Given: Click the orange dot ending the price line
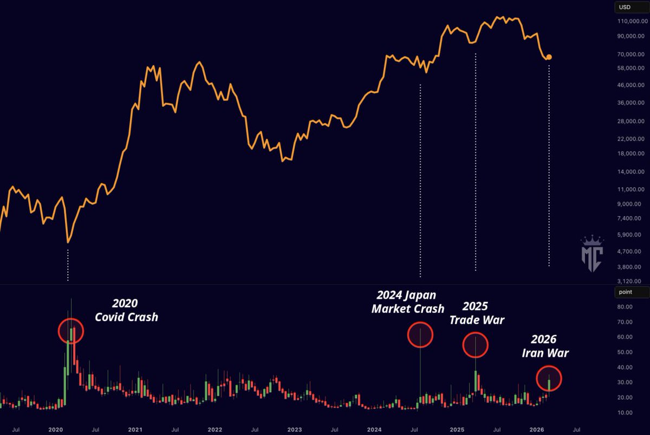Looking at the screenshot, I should pyautogui.click(x=549, y=57).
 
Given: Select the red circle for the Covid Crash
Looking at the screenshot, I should pyautogui.click(x=71, y=330).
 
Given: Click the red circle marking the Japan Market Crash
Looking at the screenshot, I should pyautogui.click(x=420, y=335).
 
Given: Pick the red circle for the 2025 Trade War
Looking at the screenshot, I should pyautogui.click(x=476, y=344).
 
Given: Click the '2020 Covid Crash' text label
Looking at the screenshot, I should pyautogui.click(x=126, y=310).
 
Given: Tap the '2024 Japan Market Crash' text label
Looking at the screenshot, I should pyautogui.click(x=407, y=302).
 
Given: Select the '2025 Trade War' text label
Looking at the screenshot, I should pyautogui.click(x=477, y=313).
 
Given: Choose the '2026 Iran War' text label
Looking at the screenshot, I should pyautogui.click(x=545, y=346).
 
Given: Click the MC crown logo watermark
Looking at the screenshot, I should pyautogui.click(x=591, y=254).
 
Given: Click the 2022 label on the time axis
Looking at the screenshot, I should pyautogui.click(x=215, y=429).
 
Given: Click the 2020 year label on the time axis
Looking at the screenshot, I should pyautogui.click(x=56, y=429).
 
